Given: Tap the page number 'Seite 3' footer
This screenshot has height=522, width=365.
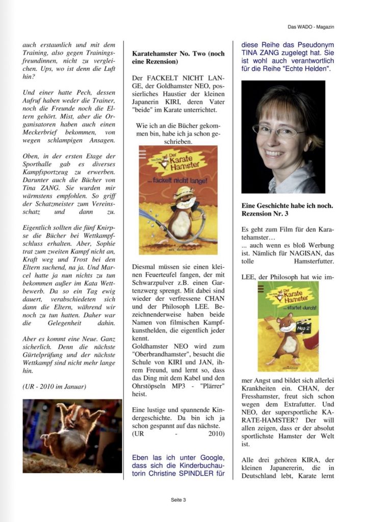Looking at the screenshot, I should pos(178,500).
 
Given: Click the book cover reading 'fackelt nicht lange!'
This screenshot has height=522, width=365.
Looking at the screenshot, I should pos(178,200).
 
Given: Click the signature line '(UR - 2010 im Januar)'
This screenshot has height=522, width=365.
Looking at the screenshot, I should pos(55,386).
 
